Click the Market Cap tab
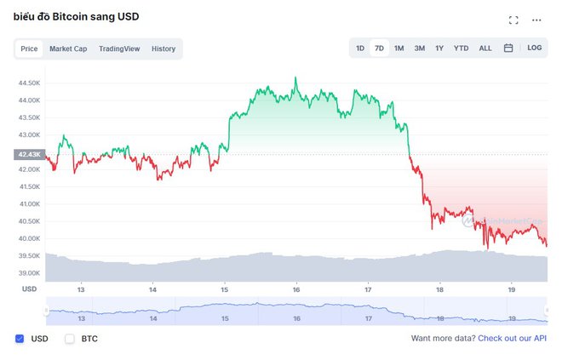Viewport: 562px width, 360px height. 68,49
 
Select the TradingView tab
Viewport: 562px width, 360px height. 119,49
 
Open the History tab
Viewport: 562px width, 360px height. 163,49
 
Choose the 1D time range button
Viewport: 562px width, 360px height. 360,49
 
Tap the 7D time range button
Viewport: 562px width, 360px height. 380,49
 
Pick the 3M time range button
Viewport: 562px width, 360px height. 420,49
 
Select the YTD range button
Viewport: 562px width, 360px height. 461,49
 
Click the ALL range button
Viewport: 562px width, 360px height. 485,49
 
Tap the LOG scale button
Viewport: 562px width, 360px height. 534,49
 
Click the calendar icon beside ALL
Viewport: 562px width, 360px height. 508,49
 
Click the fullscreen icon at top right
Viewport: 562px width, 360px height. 513,20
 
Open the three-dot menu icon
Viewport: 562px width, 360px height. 536,20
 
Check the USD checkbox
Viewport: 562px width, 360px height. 20,339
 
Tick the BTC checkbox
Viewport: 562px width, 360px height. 70,339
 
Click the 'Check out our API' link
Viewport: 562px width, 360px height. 512,339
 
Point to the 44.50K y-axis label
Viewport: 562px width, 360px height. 29,83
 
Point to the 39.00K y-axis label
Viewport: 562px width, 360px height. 29,273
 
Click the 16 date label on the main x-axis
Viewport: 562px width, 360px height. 296,289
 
